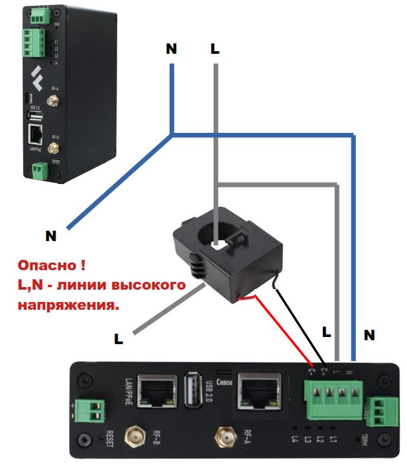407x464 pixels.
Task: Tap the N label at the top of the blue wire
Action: click(x=171, y=50)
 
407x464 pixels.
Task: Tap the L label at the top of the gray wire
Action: click(x=215, y=50)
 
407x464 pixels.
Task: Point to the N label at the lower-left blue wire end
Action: click(x=50, y=237)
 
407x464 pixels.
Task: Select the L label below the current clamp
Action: click(x=119, y=338)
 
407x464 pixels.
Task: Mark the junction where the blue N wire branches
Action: click(x=172, y=135)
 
